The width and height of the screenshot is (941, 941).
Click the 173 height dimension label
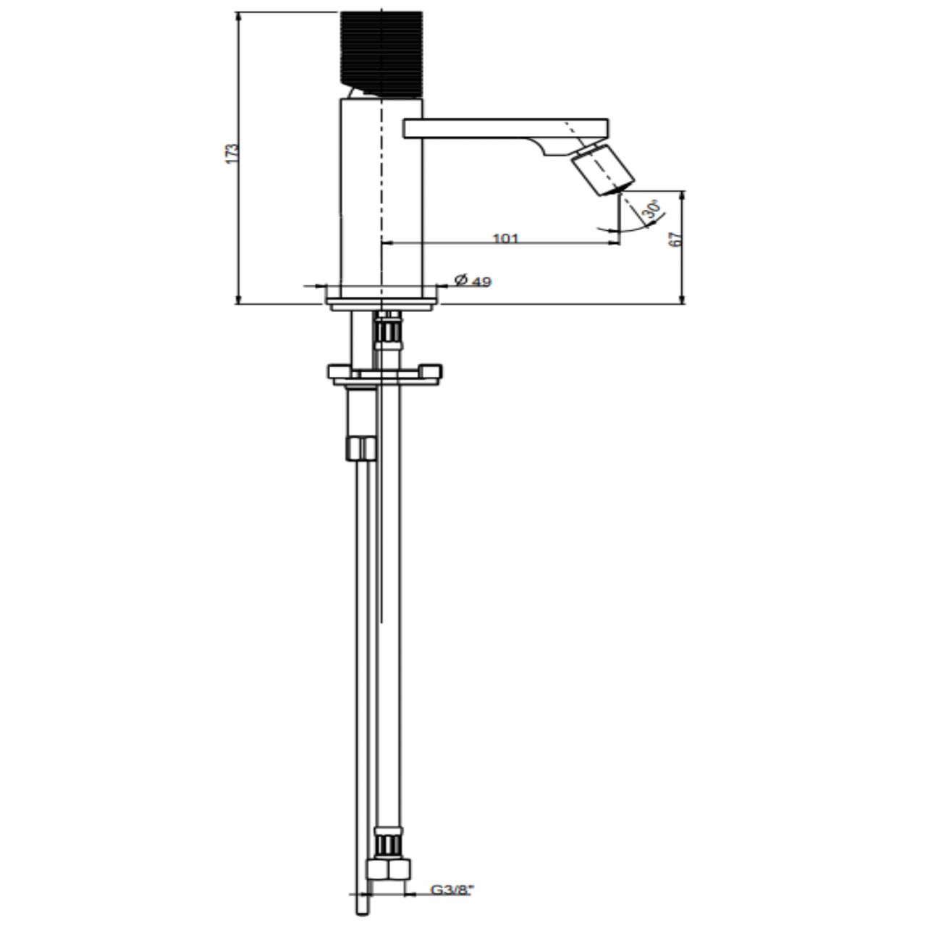[x=231, y=154]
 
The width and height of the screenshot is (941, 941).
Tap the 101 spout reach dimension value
[x=505, y=238]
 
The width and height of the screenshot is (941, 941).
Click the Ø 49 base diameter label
[x=473, y=281]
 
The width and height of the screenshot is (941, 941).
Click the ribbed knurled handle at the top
[x=381, y=53]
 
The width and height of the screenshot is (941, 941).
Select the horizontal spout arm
[x=499, y=127]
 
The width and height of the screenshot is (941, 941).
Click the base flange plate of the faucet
[x=381, y=299]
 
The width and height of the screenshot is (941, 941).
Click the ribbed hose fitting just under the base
[x=388, y=332]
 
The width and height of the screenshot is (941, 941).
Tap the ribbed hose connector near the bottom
[x=389, y=845]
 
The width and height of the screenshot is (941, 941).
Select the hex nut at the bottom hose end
[x=389, y=868]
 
